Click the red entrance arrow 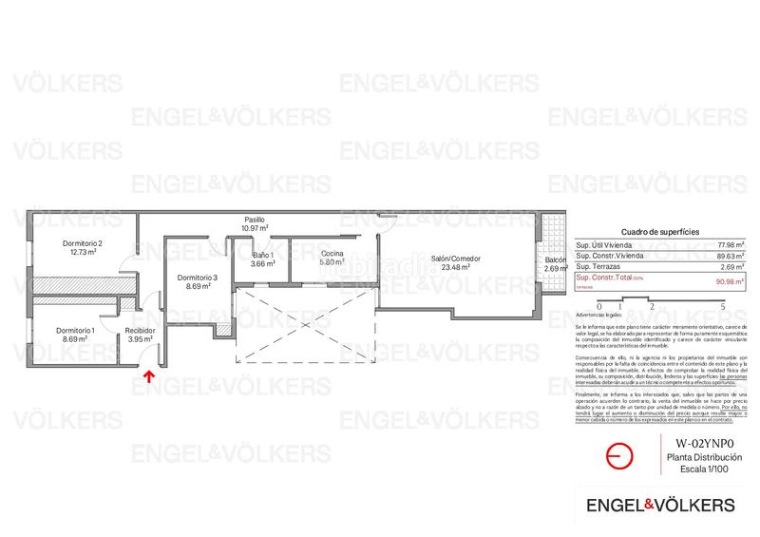146,376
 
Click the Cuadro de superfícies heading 659,231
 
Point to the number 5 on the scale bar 724,307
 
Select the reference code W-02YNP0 703,443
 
